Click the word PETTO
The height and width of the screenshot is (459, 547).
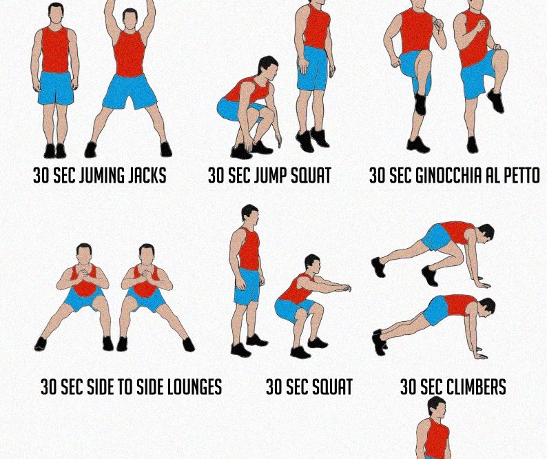click(522, 175)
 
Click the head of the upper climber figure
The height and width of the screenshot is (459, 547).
click(486, 233)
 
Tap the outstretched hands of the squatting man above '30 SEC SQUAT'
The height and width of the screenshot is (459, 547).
click(345, 288)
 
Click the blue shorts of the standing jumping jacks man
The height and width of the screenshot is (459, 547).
click(56, 88)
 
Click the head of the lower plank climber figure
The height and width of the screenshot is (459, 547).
click(487, 307)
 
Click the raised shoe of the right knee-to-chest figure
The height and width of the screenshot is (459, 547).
click(496, 101)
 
